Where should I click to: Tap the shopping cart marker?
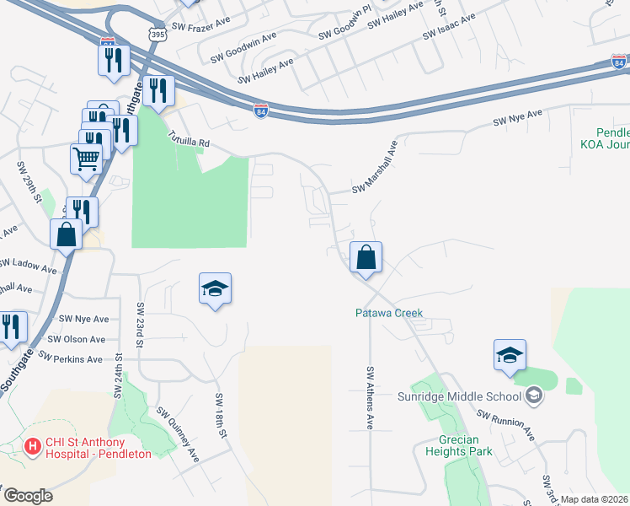coord(87,158)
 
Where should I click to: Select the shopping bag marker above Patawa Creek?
coord(366,257)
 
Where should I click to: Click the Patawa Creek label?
coord(387,314)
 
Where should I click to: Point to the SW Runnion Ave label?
coord(505,424)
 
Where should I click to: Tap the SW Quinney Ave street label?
coord(178,433)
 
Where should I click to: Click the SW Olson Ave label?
coord(77,339)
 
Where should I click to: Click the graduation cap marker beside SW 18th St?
coord(216,289)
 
